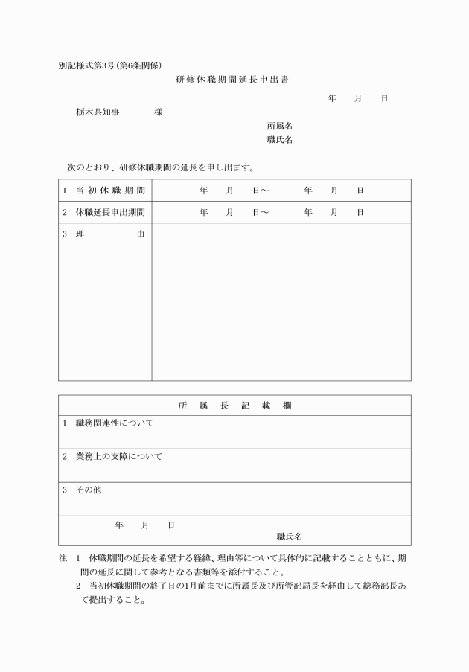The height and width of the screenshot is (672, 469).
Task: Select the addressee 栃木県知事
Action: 98,112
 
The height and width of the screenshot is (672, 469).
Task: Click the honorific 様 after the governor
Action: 159,112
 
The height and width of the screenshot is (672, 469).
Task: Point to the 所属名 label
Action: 279,126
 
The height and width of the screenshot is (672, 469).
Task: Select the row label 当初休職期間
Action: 110,191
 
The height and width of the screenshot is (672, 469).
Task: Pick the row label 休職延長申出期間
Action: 110,212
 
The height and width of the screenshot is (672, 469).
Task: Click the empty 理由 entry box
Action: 281,301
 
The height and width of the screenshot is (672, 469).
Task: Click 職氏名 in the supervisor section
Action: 289,535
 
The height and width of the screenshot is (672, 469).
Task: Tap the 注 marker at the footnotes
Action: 63,557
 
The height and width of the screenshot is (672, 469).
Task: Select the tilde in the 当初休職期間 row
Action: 264,191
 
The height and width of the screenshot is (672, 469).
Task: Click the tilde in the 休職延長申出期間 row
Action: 264,212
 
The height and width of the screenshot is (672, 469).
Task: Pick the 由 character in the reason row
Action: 141,234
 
